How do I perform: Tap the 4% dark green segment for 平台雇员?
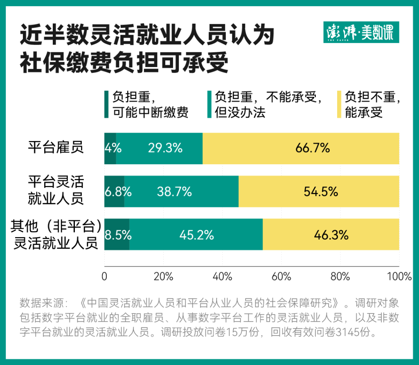coord(110,148)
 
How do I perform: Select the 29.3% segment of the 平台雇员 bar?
coord(160,148)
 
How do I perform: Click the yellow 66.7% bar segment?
coord(301,148)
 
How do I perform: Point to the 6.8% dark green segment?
coord(114,191)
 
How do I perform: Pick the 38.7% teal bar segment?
coord(181,191)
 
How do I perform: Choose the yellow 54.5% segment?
coord(319,191)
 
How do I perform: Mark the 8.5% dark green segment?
coord(117,235)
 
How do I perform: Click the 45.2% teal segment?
coord(196,235)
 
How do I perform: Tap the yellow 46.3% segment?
coord(331,235)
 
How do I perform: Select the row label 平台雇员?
coord(56,147)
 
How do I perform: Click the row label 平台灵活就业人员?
coord(56,190)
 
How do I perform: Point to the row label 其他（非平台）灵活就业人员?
coord(56,235)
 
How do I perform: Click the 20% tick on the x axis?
coord(163,277)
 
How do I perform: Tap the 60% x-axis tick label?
coord(281,277)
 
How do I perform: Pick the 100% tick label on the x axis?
coord(399,277)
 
